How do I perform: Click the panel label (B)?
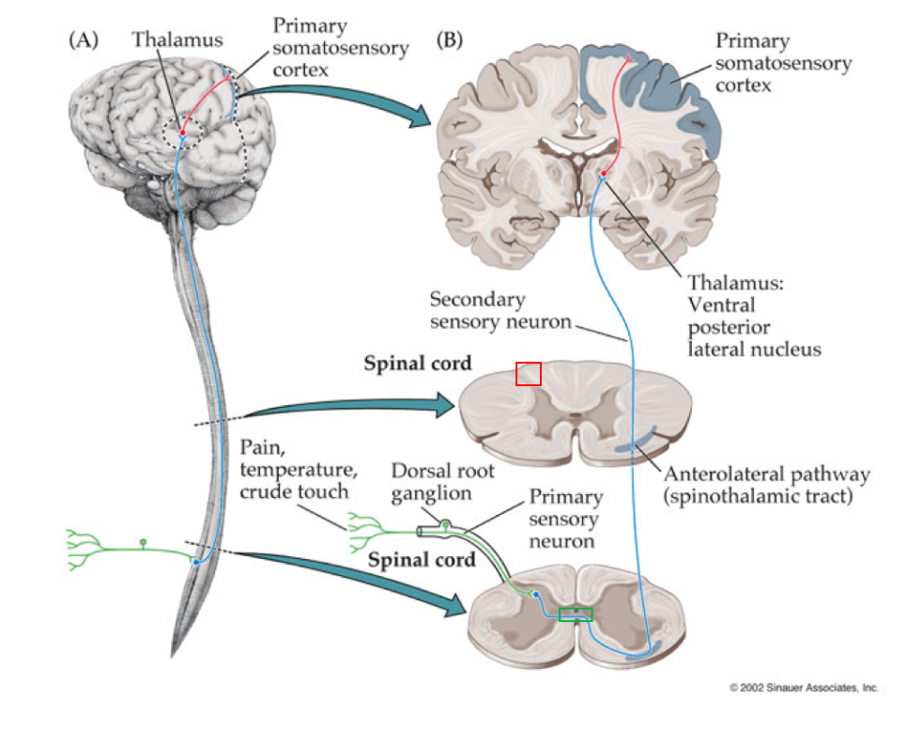pyautogui.click(x=451, y=40)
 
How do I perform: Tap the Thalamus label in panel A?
pyautogui.click(x=177, y=40)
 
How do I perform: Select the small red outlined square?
pyautogui.click(x=529, y=373)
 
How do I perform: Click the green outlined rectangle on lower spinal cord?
pyautogui.click(x=576, y=614)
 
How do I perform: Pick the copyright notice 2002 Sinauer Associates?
pyautogui.click(x=804, y=688)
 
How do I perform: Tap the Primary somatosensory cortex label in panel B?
pyautogui.click(x=782, y=63)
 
